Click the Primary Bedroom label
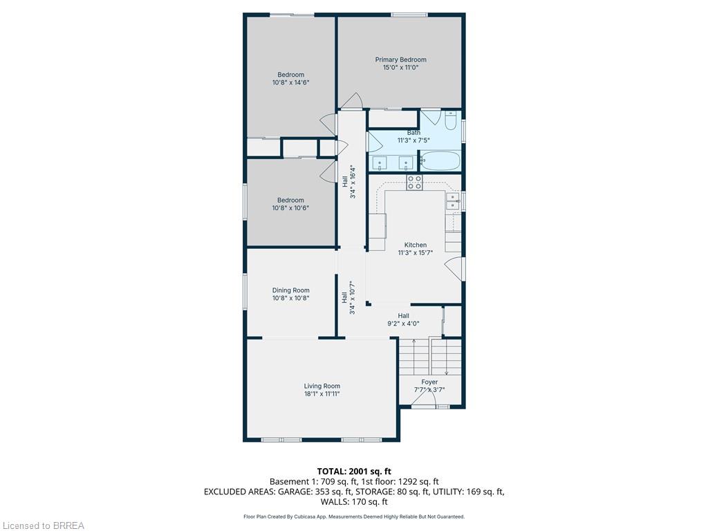click(x=400, y=59)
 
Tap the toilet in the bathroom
click(x=450, y=122)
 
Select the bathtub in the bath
click(x=440, y=161)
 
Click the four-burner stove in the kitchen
click(x=414, y=183)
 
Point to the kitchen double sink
click(x=453, y=201)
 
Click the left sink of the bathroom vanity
click(x=380, y=163)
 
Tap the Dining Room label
click(x=290, y=290)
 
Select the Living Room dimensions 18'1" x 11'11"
click(x=322, y=394)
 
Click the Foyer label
click(x=429, y=382)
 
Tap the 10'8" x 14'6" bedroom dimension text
click(x=290, y=82)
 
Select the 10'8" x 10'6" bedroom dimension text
click(x=290, y=208)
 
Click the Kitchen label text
click(x=415, y=245)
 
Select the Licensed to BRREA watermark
click(x=43, y=525)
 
